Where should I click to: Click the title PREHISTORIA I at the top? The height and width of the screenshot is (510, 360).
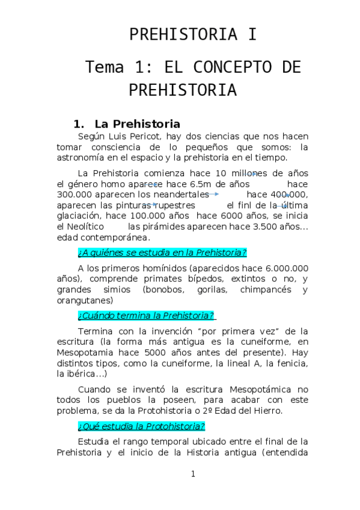193,35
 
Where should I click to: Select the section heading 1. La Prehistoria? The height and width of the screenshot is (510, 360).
127,124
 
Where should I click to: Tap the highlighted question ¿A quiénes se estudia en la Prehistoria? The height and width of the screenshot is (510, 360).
162,252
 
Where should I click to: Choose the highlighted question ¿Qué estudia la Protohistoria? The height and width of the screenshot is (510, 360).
141,426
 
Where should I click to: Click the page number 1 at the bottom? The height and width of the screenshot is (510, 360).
193,474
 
